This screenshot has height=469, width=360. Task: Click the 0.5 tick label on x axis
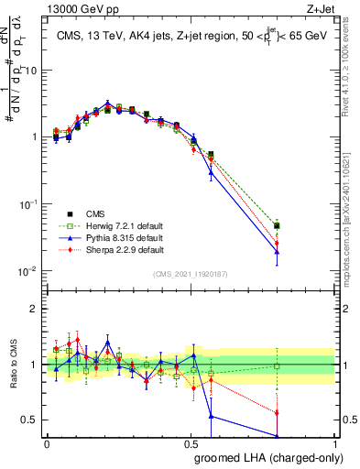tap(191, 444)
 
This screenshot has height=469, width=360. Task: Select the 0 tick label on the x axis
tap(47, 444)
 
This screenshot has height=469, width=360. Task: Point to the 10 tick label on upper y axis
tap(31, 70)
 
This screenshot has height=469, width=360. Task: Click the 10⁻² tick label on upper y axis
tap(29, 270)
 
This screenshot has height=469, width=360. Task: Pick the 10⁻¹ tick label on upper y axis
tap(29, 203)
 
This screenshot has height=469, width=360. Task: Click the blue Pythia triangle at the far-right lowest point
tap(302, 251)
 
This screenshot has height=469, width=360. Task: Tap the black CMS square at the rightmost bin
tap(302, 225)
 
